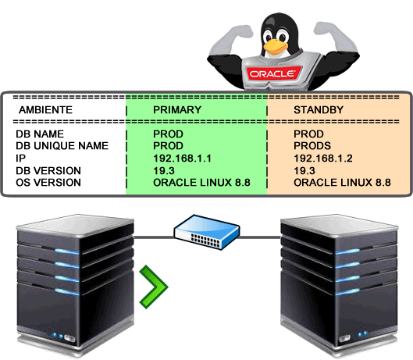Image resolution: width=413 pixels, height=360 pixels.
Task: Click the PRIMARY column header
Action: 177,109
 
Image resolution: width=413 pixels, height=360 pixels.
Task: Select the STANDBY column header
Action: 319,109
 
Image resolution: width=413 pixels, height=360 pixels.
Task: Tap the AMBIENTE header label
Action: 45,109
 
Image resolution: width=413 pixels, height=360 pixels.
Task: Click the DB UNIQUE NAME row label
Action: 62,146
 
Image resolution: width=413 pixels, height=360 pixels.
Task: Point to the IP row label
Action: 21,158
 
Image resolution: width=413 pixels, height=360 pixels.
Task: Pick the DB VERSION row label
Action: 48,170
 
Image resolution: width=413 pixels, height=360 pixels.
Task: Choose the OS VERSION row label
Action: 48,183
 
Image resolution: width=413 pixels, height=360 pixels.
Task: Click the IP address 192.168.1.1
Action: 182,158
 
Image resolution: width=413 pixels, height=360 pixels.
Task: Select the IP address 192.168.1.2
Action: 323,158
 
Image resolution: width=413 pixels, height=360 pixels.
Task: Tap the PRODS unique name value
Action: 312,146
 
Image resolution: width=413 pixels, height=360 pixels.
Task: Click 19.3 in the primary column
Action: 164,170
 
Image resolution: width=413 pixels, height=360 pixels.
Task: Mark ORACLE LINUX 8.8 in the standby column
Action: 342,183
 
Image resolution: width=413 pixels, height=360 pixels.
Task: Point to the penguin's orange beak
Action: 276,46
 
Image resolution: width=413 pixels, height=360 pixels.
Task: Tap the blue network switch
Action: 207,232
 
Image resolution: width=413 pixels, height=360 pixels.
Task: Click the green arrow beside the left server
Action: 154,287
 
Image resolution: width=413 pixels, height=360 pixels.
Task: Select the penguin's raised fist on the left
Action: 243,31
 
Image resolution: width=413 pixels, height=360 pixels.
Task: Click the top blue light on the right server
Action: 347,251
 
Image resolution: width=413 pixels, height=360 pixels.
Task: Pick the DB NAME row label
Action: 40,134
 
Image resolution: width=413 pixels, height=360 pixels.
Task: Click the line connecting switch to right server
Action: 260,237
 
